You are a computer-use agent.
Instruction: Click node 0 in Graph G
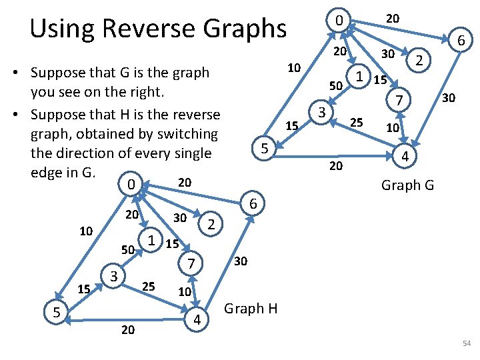pos(339,21)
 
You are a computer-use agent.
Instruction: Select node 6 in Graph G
pos(460,41)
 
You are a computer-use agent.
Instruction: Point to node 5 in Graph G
pos(264,149)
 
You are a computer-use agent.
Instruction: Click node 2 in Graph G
pos(419,61)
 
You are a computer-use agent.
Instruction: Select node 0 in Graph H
pos(133,183)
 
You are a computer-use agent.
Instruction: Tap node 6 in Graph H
pos(253,203)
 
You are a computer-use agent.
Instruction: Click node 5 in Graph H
pos(57,311)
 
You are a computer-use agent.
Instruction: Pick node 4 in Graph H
pos(197,320)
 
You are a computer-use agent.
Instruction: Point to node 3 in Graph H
pos(114,275)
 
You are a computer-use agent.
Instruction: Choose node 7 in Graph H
pos(191,265)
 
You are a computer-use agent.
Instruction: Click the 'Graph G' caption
pos(407,185)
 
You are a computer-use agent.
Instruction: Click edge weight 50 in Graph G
pos(336,86)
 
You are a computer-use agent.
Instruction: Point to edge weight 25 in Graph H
pos(149,286)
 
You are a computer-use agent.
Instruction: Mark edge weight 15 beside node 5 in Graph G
pos(291,125)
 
